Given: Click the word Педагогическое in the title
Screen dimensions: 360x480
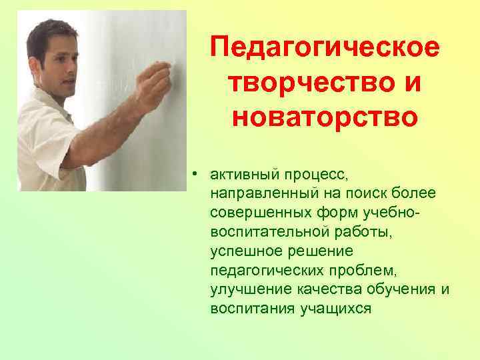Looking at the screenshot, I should (325, 49).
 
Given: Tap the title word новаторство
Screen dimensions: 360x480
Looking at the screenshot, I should (325, 117).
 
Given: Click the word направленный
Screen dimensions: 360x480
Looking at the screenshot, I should (254, 193).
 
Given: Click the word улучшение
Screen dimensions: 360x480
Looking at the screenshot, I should (244, 290).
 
